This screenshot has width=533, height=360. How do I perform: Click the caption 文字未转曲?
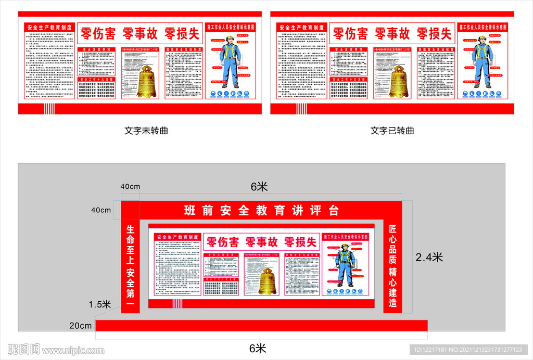pyautogui.click(x=146, y=131)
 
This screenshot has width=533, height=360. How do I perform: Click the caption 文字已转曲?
pyautogui.click(x=392, y=131)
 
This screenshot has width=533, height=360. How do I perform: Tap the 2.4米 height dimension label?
pyautogui.click(x=429, y=256)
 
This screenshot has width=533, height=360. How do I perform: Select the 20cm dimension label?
pyautogui.click(x=80, y=326)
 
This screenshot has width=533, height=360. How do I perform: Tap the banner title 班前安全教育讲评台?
pyautogui.click(x=262, y=211)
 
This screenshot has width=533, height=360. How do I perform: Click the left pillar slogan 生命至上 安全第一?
pyautogui.click(x=130, y=265)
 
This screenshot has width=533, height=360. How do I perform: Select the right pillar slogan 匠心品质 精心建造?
pyautogui.click(x=393, y=265)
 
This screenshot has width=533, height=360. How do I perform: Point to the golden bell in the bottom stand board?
pyautogui.click(x=268, y=281)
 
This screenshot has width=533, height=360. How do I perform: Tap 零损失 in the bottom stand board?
pyautogui.click(x=300, y=242)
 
